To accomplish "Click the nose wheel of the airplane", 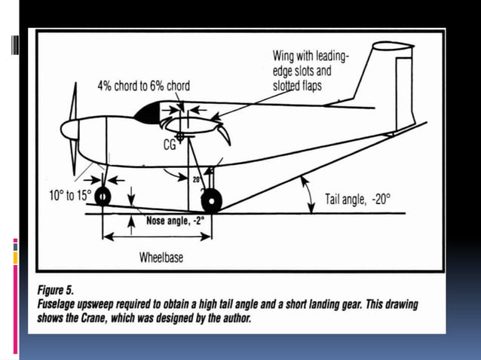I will (x=102, y=196).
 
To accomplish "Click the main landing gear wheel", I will (x=212, y=201).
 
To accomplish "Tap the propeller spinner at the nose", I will (x=70, y=130).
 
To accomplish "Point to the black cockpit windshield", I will (x=147, y=114).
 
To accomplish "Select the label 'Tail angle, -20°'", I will (x=358, y=200).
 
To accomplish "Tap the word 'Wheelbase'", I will (x=161, y=258).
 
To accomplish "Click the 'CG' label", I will (x=170, y=146).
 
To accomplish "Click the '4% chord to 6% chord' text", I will (x=143, y=85).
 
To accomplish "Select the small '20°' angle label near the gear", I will (x=197, y=180).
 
